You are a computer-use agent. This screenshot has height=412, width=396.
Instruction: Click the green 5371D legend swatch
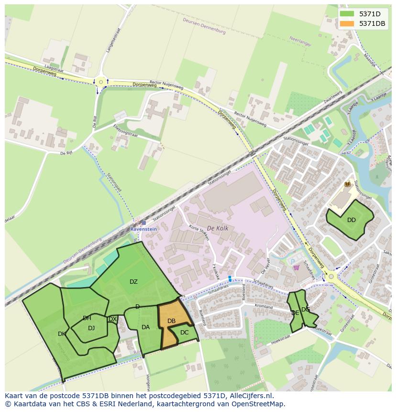tap(347, 14)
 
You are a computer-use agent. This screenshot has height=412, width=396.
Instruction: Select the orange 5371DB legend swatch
tap(347, 23)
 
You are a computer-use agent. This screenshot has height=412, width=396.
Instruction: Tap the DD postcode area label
tap(352, 220)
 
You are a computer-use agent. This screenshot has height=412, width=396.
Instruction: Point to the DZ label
tap(133, 282)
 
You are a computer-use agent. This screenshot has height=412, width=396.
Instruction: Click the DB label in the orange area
tap(172, 321)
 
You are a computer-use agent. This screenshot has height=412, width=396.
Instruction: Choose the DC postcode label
tap(185, 333)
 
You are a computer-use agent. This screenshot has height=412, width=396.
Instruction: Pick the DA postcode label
tap(146, 327)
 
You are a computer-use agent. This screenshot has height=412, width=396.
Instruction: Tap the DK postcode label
tap(62, 334)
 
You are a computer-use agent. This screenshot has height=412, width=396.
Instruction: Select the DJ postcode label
tap(91, 328)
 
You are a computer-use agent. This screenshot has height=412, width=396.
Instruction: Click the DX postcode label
tap(113, 319)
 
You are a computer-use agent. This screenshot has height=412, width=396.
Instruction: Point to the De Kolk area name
tap(217, 229)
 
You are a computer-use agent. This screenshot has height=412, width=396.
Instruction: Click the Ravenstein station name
tap(143, 229)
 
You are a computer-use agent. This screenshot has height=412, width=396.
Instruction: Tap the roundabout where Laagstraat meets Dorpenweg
tap(100, 82)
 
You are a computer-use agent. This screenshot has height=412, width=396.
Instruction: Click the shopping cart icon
tap(296, 267)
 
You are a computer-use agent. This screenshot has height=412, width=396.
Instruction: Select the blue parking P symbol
tap(293, 261)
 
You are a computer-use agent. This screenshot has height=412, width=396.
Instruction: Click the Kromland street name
tap(264, 307)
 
